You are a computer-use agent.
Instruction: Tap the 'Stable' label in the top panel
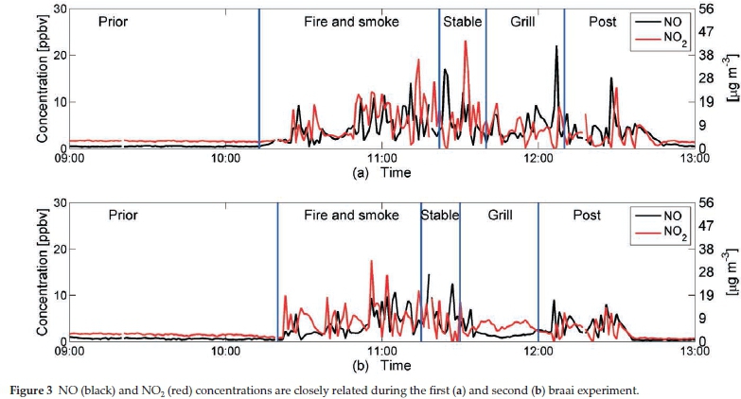(463, 21)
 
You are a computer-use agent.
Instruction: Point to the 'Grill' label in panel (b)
(500, 215)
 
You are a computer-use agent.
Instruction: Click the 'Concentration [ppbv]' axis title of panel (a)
(42, 78)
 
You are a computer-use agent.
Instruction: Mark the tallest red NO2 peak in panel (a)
(466, 43)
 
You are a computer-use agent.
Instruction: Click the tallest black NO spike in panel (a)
(556, 47)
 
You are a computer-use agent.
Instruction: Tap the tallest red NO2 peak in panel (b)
(372, 262)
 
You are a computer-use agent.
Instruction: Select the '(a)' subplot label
(360, 173)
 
